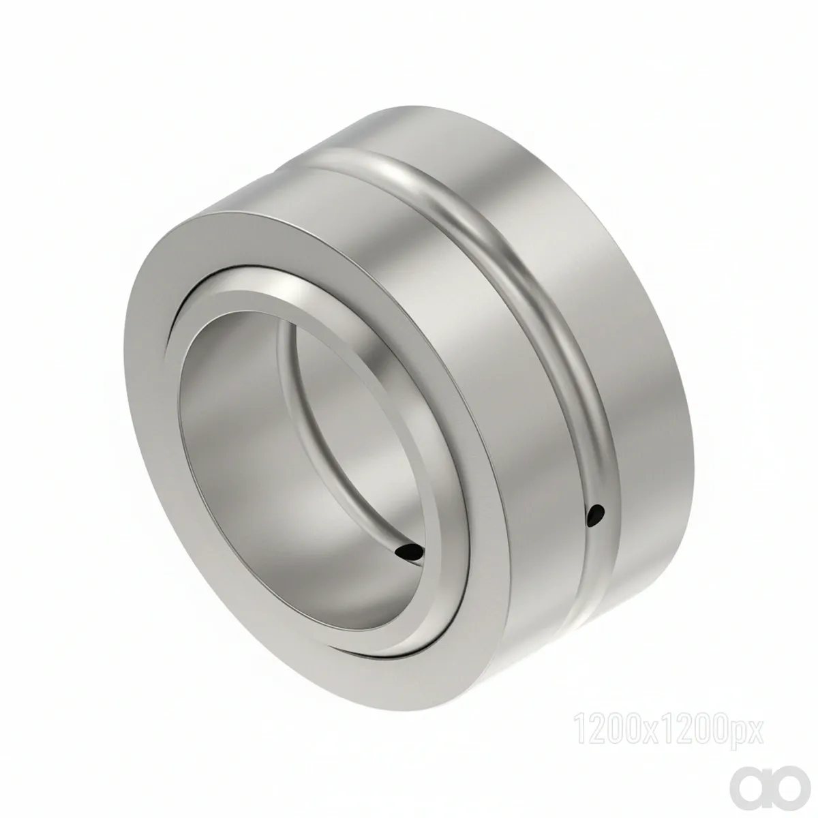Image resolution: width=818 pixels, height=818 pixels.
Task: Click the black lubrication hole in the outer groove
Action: click(595, 515)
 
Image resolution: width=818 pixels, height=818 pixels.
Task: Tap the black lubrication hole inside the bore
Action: click(409, 552)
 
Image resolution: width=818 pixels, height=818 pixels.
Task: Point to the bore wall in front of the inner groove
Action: click(238, 467)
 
